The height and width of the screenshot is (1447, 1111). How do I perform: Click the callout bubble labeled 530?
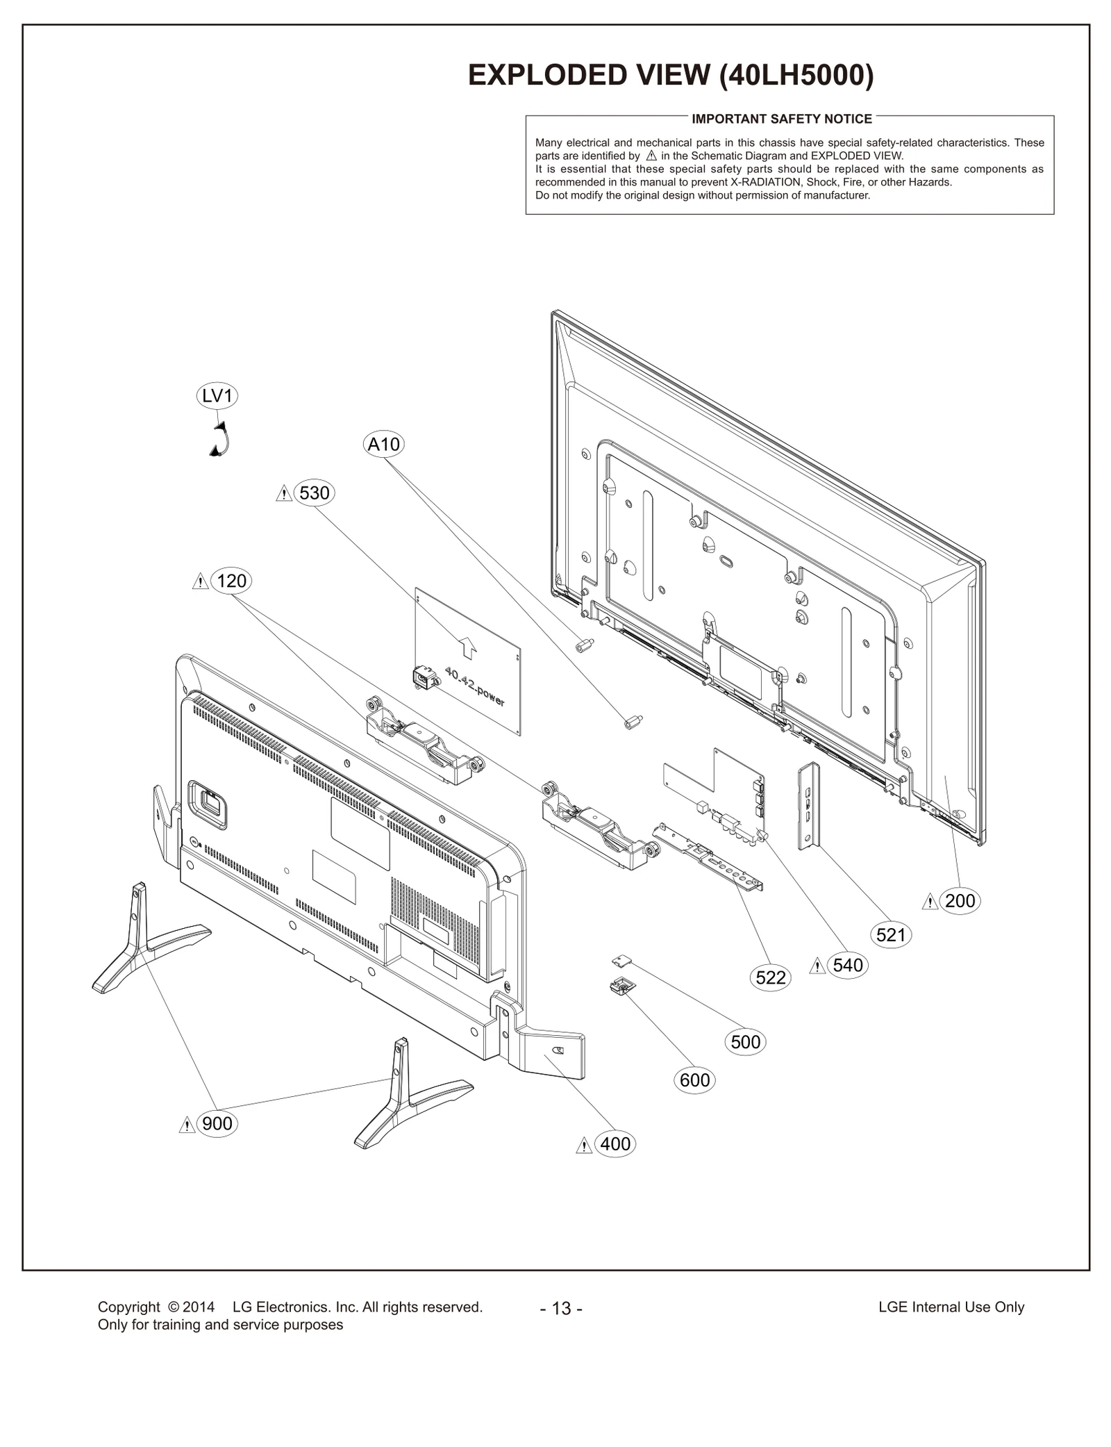(x=314, y=493)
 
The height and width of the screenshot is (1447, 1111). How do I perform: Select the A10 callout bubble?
(x=384, y=445)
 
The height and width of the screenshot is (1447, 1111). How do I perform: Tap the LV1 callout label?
(x=217, y=396)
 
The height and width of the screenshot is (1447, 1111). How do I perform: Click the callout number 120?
(x=231, y=581)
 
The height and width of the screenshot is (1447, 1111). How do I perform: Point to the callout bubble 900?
(x=217, y=1123)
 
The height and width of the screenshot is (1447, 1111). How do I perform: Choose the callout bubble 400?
(x=615, y=1143)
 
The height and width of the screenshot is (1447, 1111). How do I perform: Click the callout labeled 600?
(x=694, y=1080)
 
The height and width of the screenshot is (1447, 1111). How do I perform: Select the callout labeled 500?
(x=746, y=1042)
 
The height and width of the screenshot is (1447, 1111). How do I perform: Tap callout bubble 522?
(x=771, y=978)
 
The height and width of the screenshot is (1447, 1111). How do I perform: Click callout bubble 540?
(x=848, y=965)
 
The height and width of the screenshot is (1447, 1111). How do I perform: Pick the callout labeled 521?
(x=891, y=935)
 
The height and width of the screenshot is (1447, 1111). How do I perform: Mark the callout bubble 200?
(x=960, y=901)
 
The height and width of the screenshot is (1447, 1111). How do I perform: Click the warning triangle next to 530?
(x=284, y=494)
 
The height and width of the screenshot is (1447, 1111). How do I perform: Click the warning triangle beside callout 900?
(x=187, y=1125)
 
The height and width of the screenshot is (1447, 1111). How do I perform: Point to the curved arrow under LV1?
(x=220, y=440)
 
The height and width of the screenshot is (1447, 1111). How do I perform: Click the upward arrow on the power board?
(x=469, y=647)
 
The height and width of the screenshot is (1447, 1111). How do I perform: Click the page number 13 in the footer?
(x=561, y=1309)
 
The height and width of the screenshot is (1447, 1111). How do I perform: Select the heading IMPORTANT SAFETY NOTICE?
(x=781, y=119)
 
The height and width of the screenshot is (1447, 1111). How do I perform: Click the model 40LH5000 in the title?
(x=796, y=75)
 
